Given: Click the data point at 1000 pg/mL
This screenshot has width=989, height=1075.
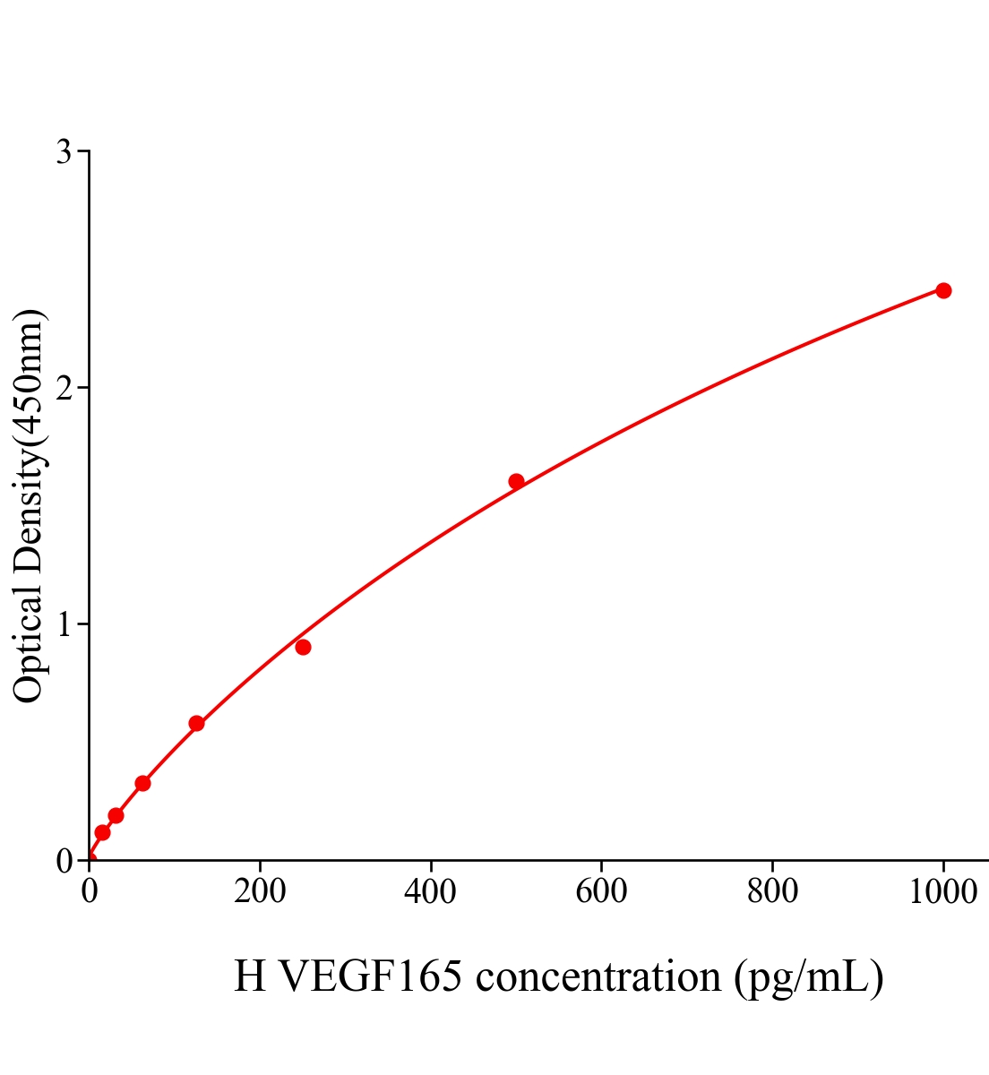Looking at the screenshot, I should click(x=942, y=290).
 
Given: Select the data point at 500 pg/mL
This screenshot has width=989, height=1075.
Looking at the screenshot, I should click(x=516, y=481).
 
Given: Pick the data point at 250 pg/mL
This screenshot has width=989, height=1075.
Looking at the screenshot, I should click(x=303, y=647).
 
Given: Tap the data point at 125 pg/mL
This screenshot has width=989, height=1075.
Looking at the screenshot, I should click(x=196, y=723).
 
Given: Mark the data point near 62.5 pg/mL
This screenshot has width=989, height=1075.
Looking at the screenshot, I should click(x=142, y=783).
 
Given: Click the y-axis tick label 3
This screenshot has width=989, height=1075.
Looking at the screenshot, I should click(x=64, y=152).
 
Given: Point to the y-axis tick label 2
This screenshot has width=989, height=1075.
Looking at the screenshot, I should click(x=64, y=388).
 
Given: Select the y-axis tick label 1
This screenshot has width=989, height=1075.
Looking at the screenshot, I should click(x=64, y=624).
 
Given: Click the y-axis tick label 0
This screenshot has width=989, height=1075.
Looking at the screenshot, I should click(x=64, y=861).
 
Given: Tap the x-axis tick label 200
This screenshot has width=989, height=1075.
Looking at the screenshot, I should click(x=260, y=892).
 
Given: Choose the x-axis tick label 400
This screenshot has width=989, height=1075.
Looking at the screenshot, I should click(x=430, y=892).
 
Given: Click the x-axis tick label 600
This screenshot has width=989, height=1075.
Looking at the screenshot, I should click(x=601, y=892).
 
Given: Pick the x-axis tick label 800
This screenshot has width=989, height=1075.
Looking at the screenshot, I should click(x=771, y=892).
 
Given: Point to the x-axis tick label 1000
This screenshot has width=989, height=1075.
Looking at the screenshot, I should click(x=942, y=892).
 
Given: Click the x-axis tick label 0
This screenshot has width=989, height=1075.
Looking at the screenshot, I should click(x=90, y=892).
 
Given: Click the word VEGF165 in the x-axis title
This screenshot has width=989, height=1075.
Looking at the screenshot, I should click(x=371, y=976).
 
